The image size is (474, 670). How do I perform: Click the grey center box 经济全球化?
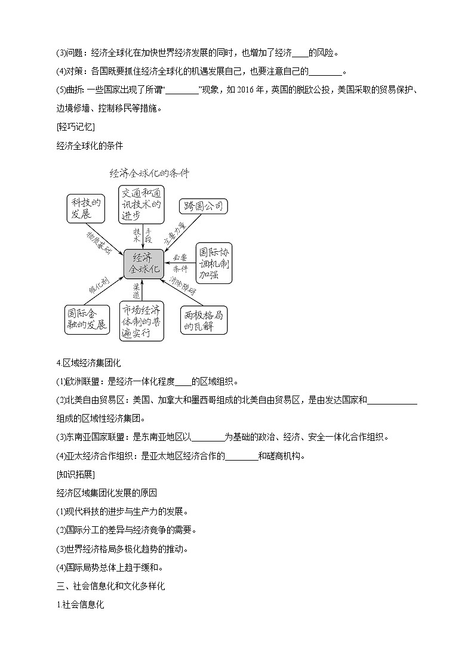coord(143,264)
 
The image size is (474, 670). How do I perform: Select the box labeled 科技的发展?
coord(85,208)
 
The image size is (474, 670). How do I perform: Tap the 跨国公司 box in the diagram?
coord(204,206)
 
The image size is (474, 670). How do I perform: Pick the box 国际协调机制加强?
coord(214,263)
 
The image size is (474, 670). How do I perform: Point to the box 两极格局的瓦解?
coord(204,320)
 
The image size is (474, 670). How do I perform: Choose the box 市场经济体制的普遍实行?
coord(141,321)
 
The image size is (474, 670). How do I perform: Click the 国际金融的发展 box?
coord(87,319)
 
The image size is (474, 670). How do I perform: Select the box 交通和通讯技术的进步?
coord(141,203)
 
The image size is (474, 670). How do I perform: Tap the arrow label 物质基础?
coord(99,242)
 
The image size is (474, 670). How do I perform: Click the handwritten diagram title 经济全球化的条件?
coord(149,174)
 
